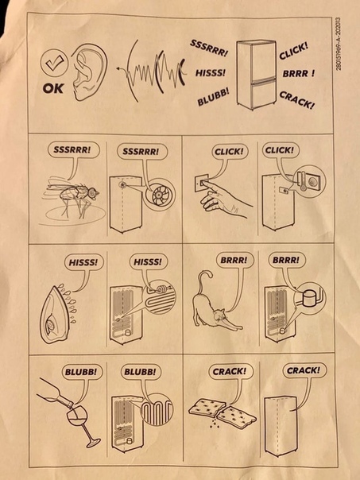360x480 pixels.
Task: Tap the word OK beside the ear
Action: click(x=53, y=89)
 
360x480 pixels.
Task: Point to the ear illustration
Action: click(x=88, y=72)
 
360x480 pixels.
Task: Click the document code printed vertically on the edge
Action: click(x=339, y=44)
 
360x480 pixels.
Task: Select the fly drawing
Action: click(x=72, y=197)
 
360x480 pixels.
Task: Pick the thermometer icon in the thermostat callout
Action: click(x=303, y=181)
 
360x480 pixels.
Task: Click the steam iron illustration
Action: click(x=56, y=315)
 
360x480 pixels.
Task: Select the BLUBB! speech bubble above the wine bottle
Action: click(x=81, y=372)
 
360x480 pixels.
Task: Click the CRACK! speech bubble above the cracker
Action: click(x=230, y=372)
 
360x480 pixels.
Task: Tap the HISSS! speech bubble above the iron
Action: click(x=83, y=263)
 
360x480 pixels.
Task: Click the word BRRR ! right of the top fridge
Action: click(x=299, y=74)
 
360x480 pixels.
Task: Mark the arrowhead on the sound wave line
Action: click(x=119, y=69)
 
